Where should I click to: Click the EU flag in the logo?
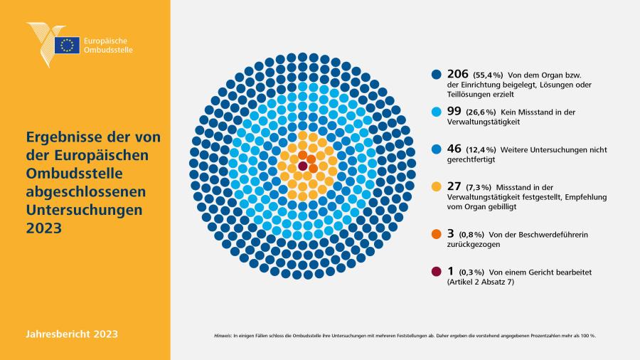point(68,45)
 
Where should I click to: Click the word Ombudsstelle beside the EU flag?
point(108,50)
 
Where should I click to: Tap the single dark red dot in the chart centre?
point(302,166)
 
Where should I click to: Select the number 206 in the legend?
point(457,74)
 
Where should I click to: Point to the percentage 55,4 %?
point(488,75)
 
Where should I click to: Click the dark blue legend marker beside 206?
point(437,74)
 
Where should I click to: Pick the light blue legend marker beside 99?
point(437,112)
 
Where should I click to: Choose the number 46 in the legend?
point(454,149)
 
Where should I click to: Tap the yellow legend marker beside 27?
point(437,187)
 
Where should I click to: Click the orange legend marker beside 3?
point(437,234)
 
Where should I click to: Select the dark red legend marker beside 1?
point(437,272)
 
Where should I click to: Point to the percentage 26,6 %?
point(481,112)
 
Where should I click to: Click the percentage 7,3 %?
point(479,187)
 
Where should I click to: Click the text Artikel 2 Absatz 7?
point(481,282)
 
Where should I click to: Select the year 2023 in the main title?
point(43,228)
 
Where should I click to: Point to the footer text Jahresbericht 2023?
point(72,334)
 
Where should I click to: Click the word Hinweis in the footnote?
point(223,336)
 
